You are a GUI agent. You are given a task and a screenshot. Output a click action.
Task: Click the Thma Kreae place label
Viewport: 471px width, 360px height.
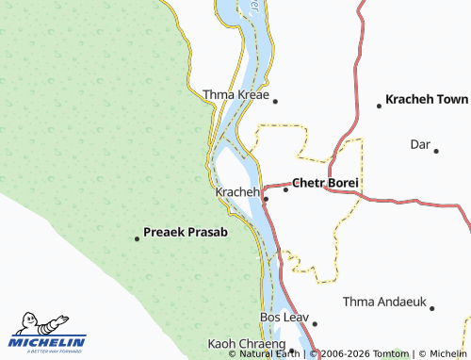point(235,95)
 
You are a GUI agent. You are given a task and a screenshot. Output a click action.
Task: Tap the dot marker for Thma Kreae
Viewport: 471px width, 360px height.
point(275,98)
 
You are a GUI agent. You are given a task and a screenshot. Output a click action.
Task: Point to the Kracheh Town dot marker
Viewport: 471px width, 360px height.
point(379,106)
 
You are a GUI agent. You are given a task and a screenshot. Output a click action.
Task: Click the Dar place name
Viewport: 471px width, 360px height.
point(419,144)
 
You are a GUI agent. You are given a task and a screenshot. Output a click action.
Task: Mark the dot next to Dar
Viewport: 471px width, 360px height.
point(437,148)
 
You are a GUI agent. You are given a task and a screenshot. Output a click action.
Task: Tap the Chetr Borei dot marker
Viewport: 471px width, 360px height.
point(285,188)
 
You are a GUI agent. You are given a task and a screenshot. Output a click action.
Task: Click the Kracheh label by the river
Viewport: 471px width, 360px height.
point(236,192)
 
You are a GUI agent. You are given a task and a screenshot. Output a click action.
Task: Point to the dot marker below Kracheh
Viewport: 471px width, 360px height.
point(266,199)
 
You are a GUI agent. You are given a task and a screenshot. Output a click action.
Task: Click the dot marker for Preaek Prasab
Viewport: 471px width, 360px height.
point(137,238)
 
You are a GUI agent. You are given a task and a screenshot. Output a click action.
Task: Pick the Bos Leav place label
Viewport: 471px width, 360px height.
point(284,318)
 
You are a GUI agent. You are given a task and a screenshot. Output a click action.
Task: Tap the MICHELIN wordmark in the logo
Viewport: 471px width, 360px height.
point(49,341)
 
